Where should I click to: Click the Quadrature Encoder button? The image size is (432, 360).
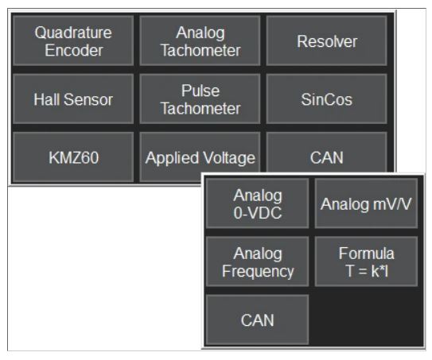(x=73, y=41)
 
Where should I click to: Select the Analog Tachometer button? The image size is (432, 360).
(x=200, y=41)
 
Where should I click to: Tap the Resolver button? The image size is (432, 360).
(x=327, y=41)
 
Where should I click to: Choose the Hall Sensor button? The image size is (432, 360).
(x=73, y=99)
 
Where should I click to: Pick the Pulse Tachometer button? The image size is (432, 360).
(x=200, y=99)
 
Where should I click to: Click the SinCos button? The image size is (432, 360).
(x=327, y=99)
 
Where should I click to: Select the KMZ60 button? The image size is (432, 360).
(x=73, y=157)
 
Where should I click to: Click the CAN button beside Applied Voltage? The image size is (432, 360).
(x=327, y=153)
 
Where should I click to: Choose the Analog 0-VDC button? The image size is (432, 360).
(x=257, y=203)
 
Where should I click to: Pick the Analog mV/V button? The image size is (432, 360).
(x=366, y=203)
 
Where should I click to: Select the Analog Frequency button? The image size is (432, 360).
(x=257, y=261)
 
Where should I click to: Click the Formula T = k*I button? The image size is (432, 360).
(x=366, y=261)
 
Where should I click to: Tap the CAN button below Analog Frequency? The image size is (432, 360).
(x=257, y=319)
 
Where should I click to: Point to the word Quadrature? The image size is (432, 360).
(x=73, y=33)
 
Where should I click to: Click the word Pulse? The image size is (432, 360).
(x=200, y=91)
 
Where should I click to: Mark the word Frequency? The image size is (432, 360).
(x=258, y=272)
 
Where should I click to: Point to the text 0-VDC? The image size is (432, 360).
(x=258, y=213)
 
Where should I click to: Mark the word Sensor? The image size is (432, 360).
(x=88, y=99)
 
